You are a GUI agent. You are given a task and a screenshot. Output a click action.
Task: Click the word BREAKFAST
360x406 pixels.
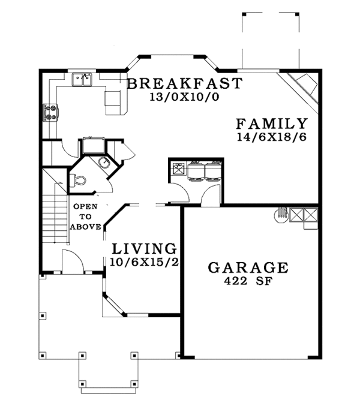(185, 83)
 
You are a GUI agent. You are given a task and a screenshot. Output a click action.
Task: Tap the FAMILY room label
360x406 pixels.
(272, 124)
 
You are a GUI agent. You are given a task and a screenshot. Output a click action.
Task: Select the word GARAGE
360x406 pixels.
(248, 267)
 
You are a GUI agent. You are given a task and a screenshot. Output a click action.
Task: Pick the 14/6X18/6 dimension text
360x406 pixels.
(272, 138)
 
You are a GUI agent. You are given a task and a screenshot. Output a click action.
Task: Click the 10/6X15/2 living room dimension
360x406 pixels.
(143, 261)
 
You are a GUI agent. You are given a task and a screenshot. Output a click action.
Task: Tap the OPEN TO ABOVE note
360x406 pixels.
(85, 216)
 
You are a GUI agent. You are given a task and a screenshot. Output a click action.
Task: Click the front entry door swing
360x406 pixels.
(70, 262)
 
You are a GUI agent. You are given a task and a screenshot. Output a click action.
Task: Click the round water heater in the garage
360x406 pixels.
(280, 214)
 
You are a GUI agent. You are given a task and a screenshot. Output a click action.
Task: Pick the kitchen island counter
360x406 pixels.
(115, 101)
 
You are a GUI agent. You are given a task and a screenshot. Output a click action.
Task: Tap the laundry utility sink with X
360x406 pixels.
(178, 169)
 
